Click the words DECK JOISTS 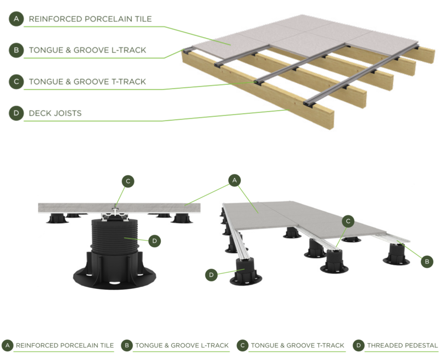55,113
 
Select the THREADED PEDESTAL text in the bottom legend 402,345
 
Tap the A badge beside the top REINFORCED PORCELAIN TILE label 16,19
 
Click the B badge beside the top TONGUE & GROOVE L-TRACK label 16,50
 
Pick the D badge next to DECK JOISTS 16,113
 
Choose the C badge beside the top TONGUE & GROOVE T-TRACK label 16,81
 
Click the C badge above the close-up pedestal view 128,182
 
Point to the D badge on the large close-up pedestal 155,241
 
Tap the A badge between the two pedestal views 234,181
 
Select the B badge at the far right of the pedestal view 427,261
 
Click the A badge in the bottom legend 7,345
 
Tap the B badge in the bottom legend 127,345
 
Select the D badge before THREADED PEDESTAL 358,345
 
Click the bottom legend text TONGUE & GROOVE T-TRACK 298,345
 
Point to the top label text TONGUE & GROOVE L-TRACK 87,50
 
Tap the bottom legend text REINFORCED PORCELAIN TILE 65,345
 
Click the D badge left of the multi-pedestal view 211,275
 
